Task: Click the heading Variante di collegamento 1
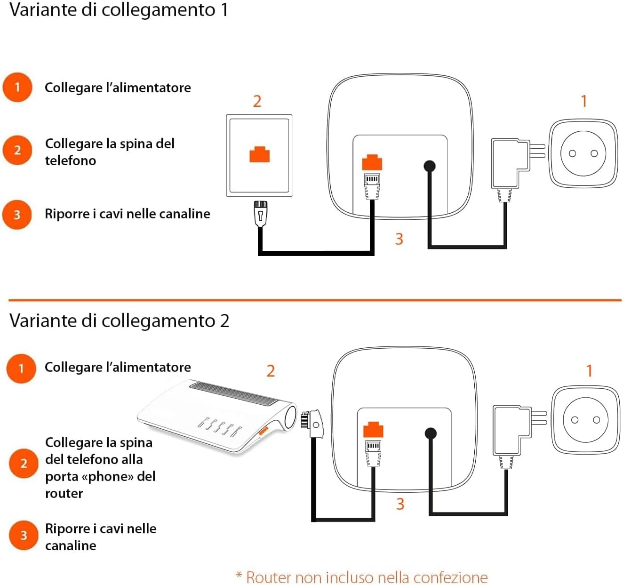click(x=119, y=10)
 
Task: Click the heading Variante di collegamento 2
click(x=119, y=321)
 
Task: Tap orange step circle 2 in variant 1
click(x=17, y=150)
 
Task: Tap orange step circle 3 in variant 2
click(x=24, y=535)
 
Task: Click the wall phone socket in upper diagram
click(x=259, y=155)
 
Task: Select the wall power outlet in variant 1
click(x=583, y=153)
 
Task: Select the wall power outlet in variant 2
click(x=585, y=420)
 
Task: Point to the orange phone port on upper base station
click(x=372, y=162)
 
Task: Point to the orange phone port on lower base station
click(x=373, y=430)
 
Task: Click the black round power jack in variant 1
click(x=430, y=166)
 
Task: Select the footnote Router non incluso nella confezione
click(x=362, y=577)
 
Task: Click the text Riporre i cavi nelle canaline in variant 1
click(x=127, y=214)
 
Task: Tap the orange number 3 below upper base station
click(x=399, y=239)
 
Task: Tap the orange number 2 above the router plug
click(x=271, y=371)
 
